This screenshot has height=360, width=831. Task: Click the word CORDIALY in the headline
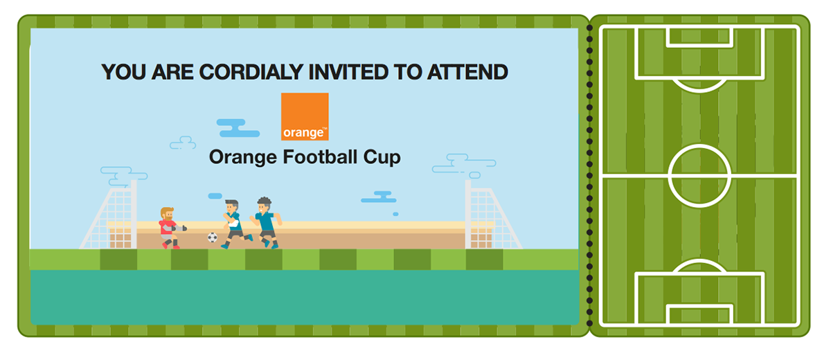pyautogui.click(x=251, y=72)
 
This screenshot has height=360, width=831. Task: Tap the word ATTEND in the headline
pyautogui.click(x=467, y=72)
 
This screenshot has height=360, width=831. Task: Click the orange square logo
pyautogui.click(x=305, y=116)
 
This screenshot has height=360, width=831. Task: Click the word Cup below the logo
pyautogui.click(x=382, y=158)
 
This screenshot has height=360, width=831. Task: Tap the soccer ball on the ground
pyautogui.click(x=212, y=237)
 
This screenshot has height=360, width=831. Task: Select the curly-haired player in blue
pyautogui.click(x=266, y=222)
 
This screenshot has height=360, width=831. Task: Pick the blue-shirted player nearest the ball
pyautogui.click(x=236, y=224)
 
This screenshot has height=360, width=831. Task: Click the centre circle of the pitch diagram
pyautogui.click(x=699, y=145)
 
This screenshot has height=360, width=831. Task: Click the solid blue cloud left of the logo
pyautogui.click(x=238, y=128)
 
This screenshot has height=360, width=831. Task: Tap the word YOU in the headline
pyautogui.click(x=123, y=72)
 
